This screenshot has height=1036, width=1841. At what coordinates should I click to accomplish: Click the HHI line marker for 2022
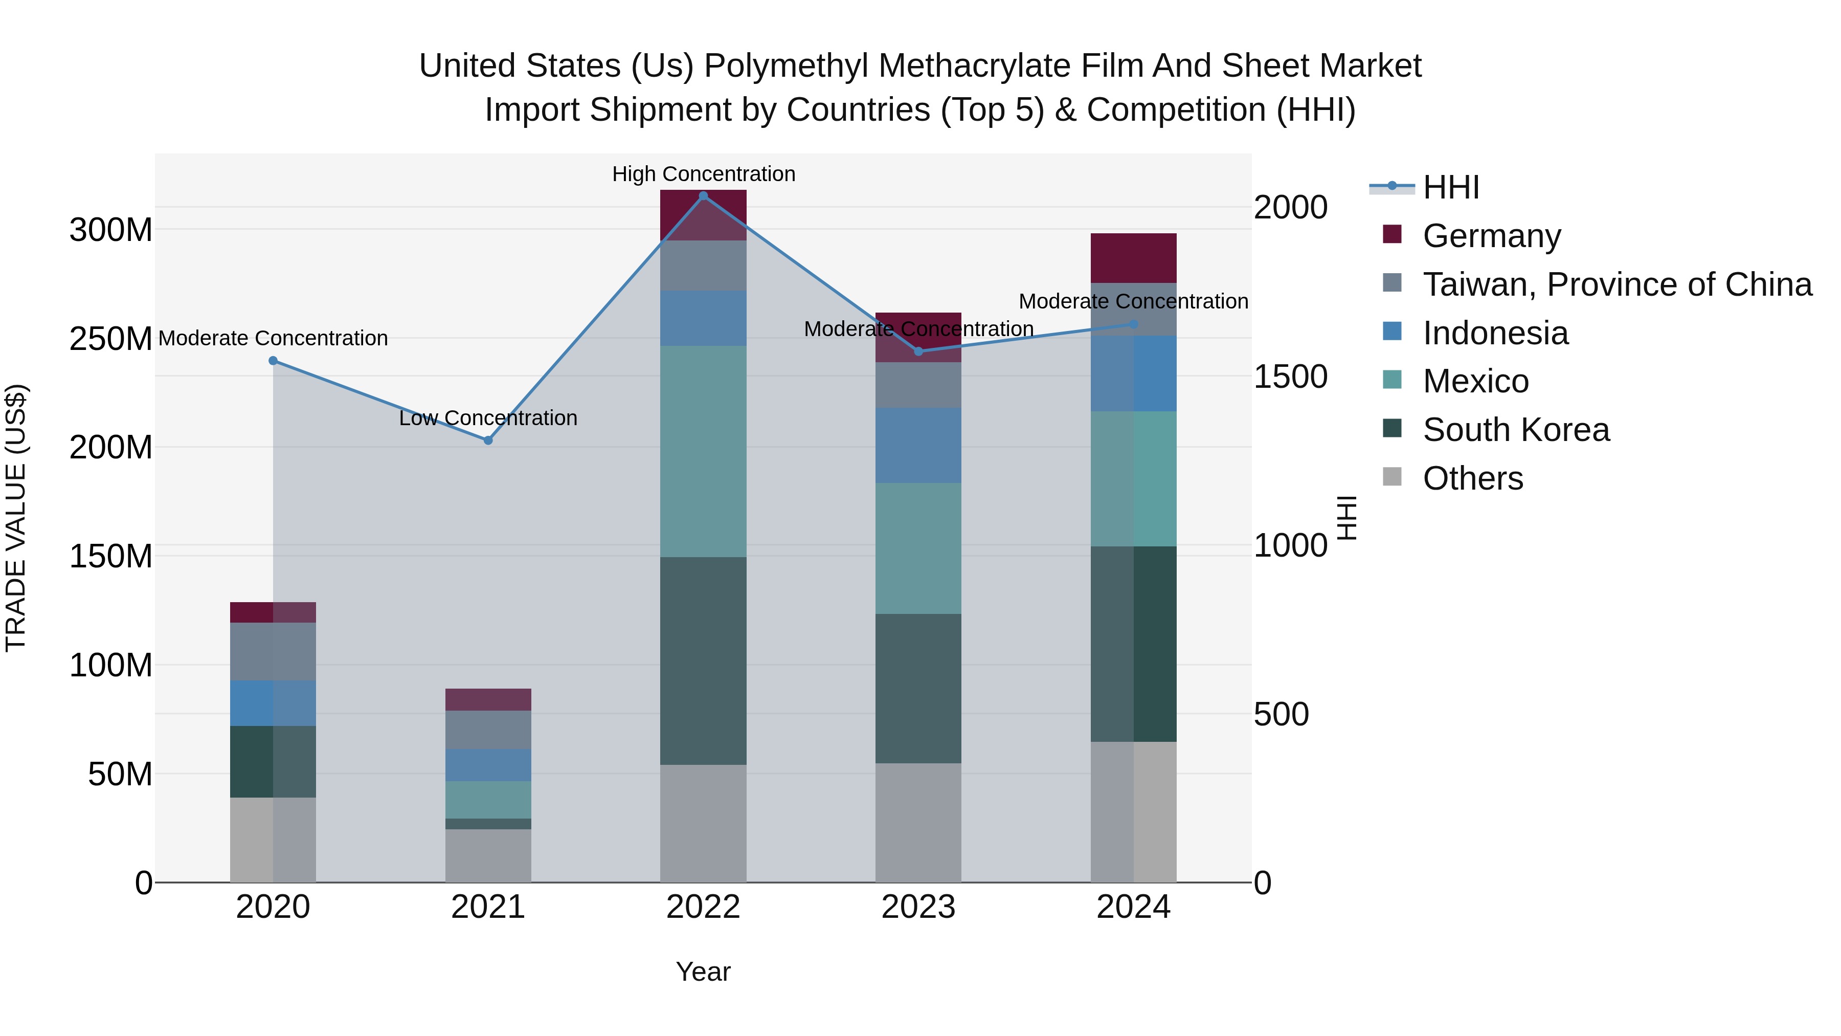703,196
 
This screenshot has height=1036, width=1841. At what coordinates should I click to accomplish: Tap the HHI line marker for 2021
488,440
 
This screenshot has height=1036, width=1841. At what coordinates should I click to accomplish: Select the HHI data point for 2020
273,361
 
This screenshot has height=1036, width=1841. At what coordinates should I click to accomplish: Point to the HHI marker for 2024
1133,324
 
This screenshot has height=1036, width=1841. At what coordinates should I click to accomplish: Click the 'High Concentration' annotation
703,174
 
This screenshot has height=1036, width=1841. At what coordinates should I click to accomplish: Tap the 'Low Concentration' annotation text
488,418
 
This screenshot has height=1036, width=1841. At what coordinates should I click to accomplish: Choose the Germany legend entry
1492,236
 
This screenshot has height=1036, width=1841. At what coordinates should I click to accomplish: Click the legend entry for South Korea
1516,430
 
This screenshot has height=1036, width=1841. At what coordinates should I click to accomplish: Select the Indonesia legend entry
1495,333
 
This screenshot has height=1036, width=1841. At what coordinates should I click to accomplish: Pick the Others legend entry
1472,478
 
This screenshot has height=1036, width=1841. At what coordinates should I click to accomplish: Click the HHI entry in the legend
1451,187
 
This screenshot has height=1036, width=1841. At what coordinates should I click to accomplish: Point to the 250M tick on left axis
111,339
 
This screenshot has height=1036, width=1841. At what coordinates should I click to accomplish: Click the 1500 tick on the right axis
1290,377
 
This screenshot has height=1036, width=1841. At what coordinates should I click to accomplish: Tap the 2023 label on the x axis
918,907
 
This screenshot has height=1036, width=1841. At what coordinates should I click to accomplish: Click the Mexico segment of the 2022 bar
703,451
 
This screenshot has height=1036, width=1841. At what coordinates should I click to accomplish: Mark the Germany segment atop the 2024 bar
1133,258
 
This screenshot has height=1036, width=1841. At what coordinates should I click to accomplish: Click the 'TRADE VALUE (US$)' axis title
16,518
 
